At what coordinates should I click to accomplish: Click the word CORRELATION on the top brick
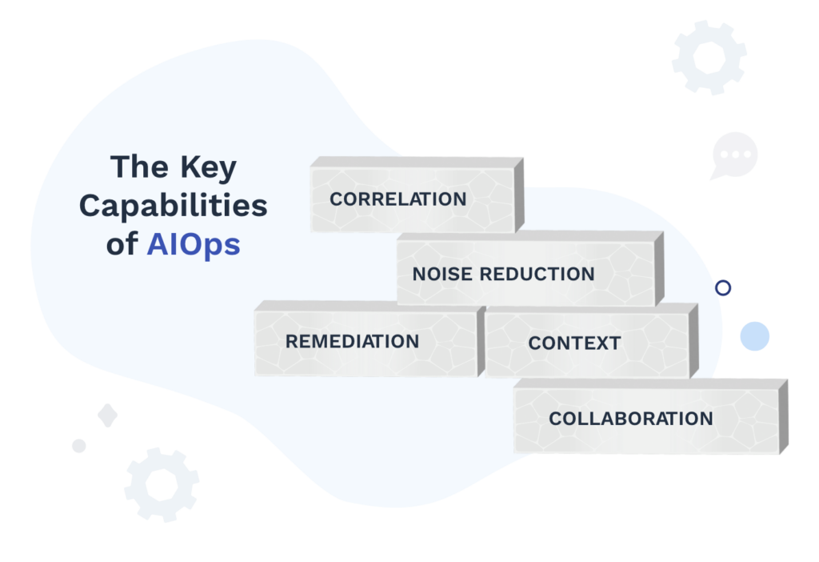(x=398, y=199)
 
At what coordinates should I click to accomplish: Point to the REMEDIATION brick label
(x=352, y=342)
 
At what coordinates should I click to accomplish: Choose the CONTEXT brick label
(x=574, y=344)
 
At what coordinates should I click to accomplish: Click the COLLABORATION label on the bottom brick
(x=630, y=419)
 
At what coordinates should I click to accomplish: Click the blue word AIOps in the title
(x=193, y=244)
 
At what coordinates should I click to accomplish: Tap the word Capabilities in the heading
(x=173, y=206)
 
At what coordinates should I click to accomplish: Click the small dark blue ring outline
(x=723, y=288)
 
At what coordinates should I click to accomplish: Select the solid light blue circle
(x=754, y=336)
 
